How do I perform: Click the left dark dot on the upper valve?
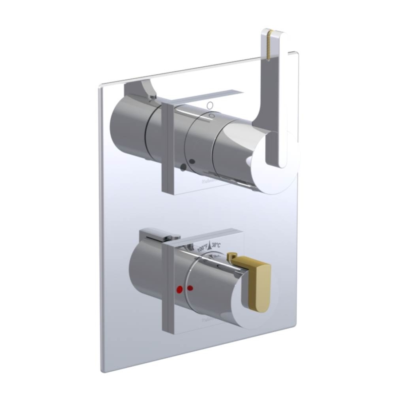click(x=183, y=167)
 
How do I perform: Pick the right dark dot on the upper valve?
click(x=192, y=162)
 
